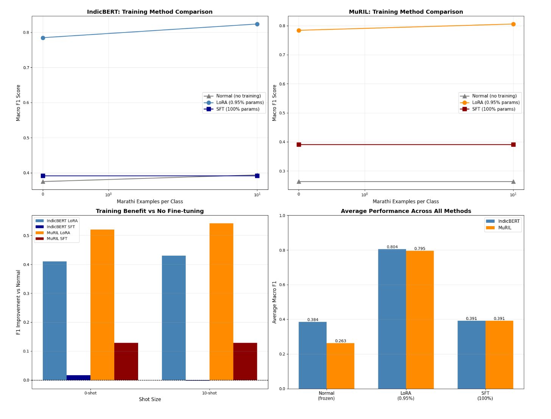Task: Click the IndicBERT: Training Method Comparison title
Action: (x=149, y=12)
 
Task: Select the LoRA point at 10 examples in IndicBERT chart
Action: (x=257, y=24)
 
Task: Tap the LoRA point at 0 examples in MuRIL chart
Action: (x=299, y=30)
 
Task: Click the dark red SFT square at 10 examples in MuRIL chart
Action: (x=513, y=144)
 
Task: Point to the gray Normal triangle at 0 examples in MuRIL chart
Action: (x=299, y=182)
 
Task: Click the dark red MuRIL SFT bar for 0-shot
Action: (x=126, y=361)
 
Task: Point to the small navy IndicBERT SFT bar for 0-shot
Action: (x=78, y=377)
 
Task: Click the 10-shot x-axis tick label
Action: (x=209, y=393)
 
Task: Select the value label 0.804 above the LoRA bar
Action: (x=392, y=247)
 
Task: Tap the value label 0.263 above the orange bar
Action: (x=340, y=341)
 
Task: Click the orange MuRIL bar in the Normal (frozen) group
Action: (x=340, y=366)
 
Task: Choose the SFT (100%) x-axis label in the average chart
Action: (x=485, y=396)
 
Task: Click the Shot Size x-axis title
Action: (x=149, y=399)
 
